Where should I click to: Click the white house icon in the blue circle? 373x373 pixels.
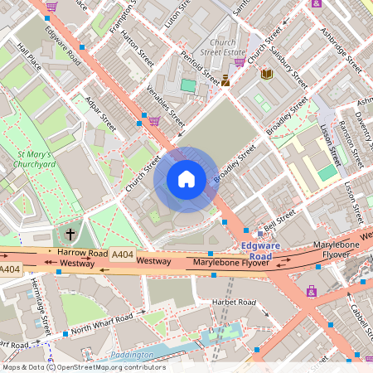coord(186,179)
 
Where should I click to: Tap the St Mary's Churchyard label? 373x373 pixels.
coord(34,159)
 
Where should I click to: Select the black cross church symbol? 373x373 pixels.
coord(70,235)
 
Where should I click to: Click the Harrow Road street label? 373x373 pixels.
coord(83,253)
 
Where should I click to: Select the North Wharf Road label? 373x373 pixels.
coord(102,323)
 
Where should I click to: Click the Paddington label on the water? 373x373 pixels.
coord(131,355)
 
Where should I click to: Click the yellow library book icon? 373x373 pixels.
coord(267,75)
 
